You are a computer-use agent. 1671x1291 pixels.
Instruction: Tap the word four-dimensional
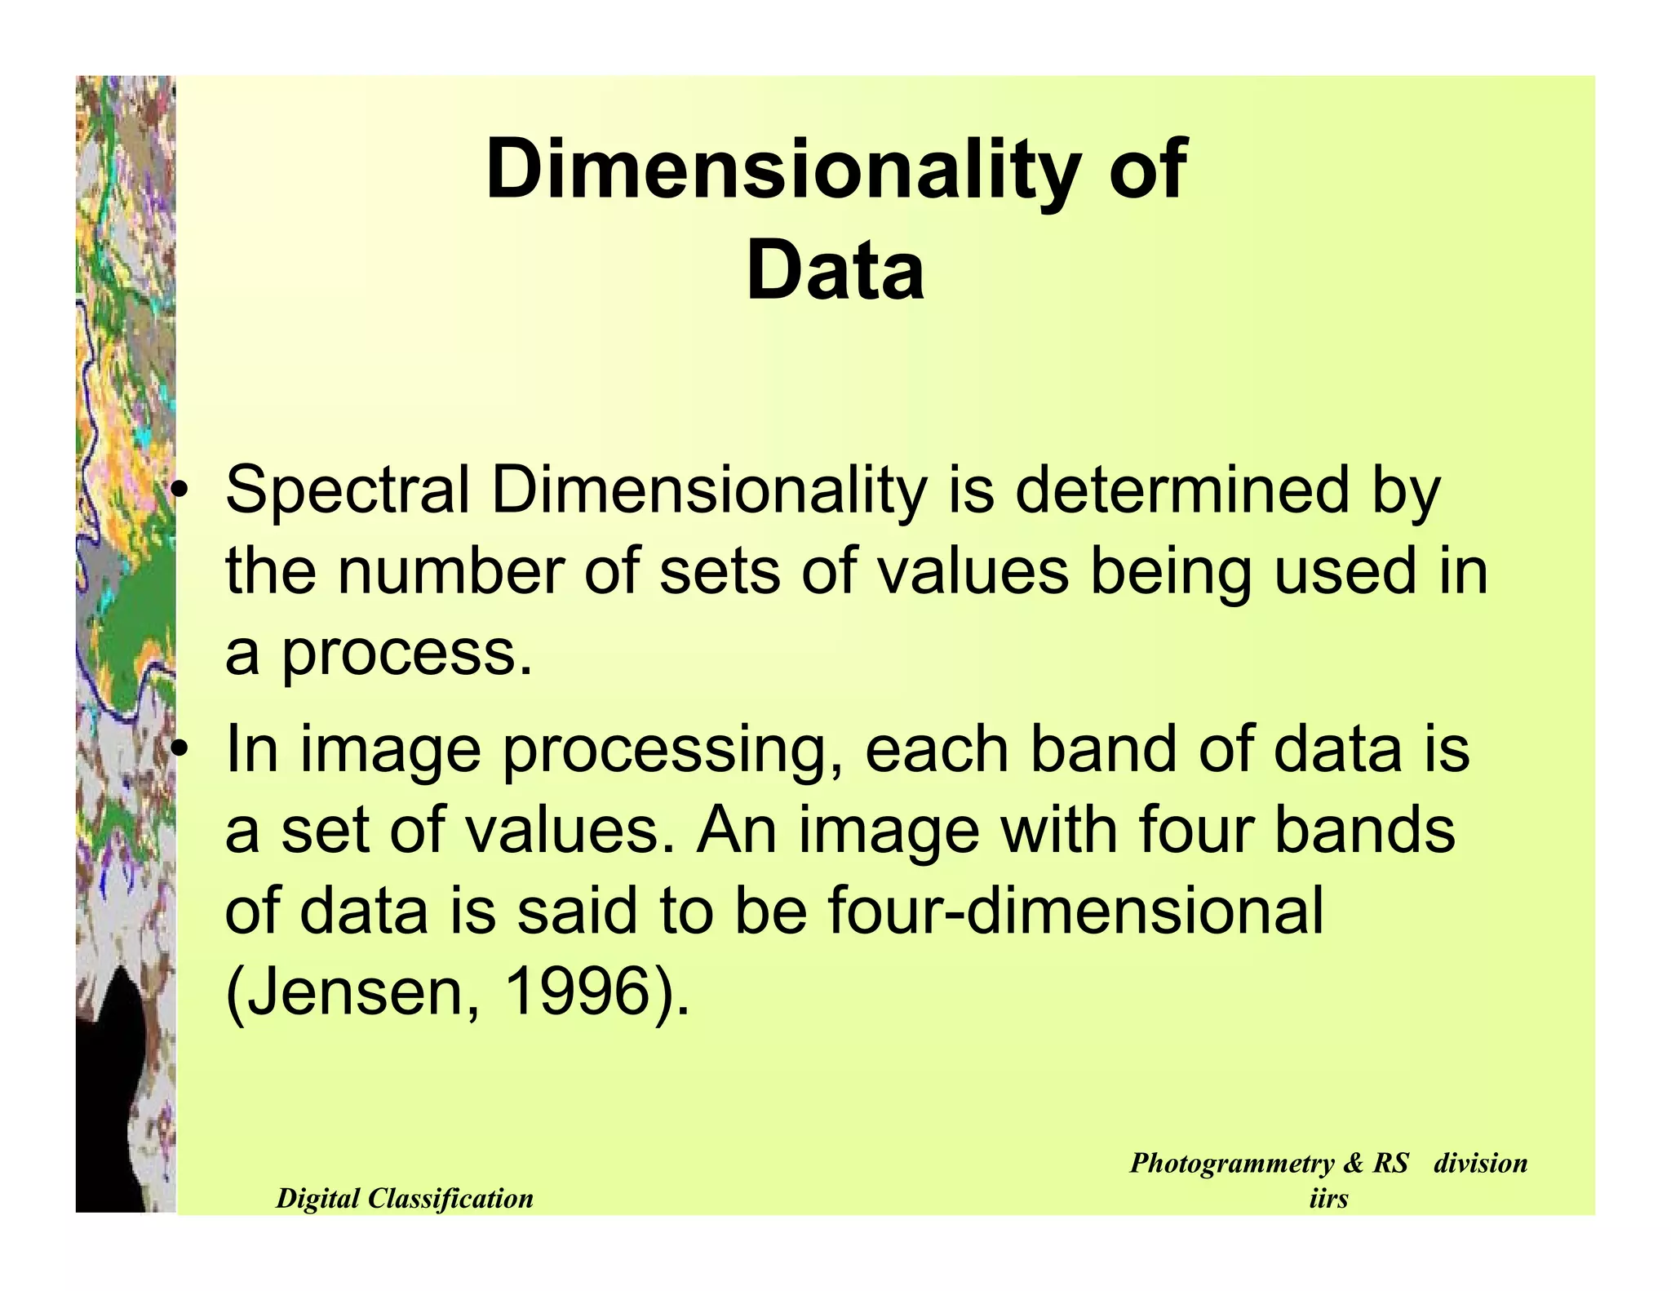tap(1075, 911)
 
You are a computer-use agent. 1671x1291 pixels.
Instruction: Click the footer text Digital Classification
tap(405, 1198)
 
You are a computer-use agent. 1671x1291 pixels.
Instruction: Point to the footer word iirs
tap(1327, 1199)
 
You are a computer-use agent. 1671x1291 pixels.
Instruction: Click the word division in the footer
tap(1480, 1163)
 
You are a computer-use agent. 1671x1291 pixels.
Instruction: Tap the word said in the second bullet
tap(575, 911)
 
